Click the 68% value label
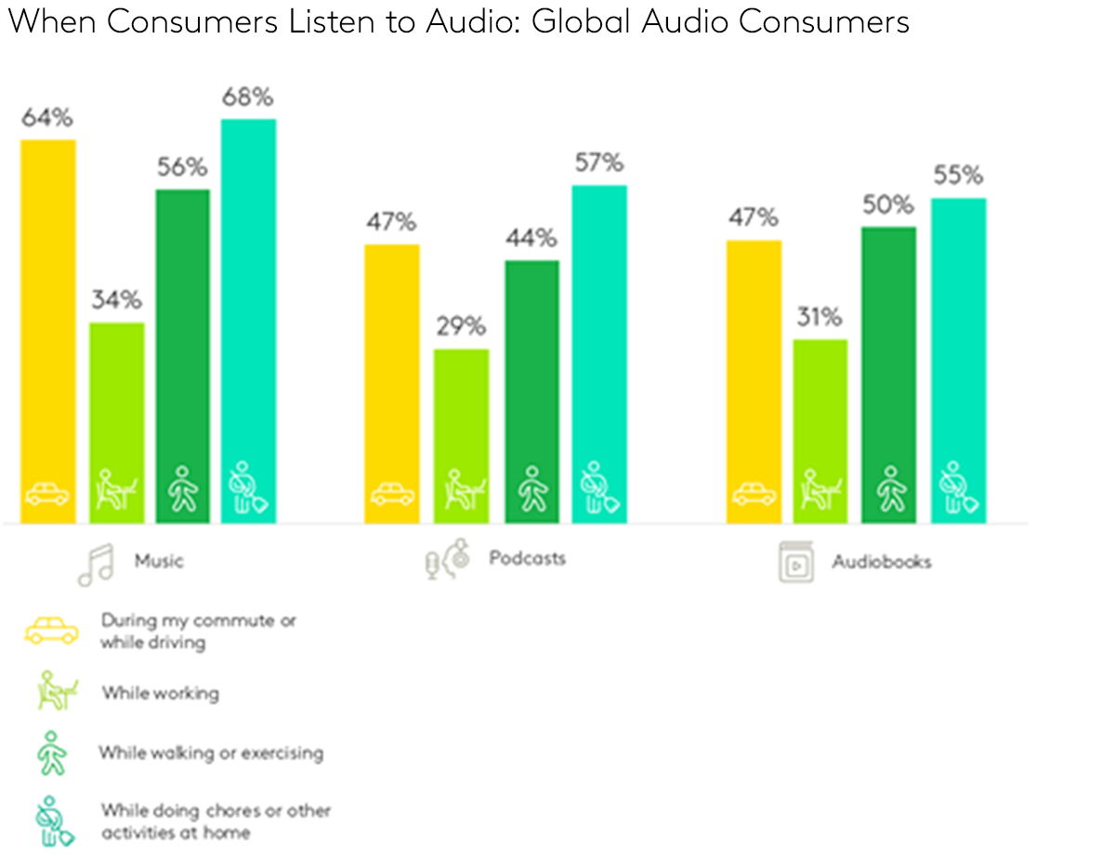(247, 97)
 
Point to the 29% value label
(462, 327)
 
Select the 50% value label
(889, 204)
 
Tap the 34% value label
(116, 300)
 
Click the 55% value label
(958, 175)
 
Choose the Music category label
(159, 561)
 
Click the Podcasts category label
(527, 558)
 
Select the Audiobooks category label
(881, 562)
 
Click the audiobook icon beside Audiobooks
(795, 563)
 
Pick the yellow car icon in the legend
(51, 631)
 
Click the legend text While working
(161, 693)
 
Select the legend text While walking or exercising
(211, 752)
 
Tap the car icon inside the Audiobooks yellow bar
(754, 495)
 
